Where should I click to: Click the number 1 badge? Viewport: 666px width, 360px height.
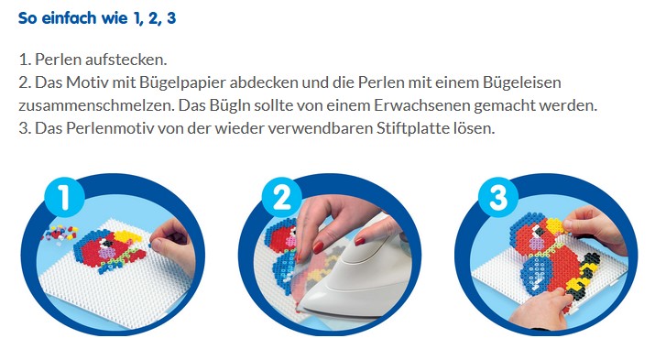click(x=64, y=197)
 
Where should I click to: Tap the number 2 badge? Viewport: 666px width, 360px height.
click(x=281, y=197)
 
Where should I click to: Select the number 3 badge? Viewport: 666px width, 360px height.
click(x=497, y=197)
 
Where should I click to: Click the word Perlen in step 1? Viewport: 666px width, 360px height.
click(x=59, y=60)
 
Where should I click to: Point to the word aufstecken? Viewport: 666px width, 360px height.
click(x=126, y=60)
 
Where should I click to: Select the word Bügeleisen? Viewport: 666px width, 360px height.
click(x=522, y=82)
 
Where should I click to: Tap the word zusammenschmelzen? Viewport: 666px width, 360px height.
click(x=96, y=105)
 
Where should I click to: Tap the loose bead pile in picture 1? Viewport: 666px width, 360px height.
click(x=60, y=233)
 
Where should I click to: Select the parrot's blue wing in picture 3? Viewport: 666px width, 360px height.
click(x=535, y=274)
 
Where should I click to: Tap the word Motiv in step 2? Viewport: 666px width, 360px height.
click(x=87, y=82)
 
